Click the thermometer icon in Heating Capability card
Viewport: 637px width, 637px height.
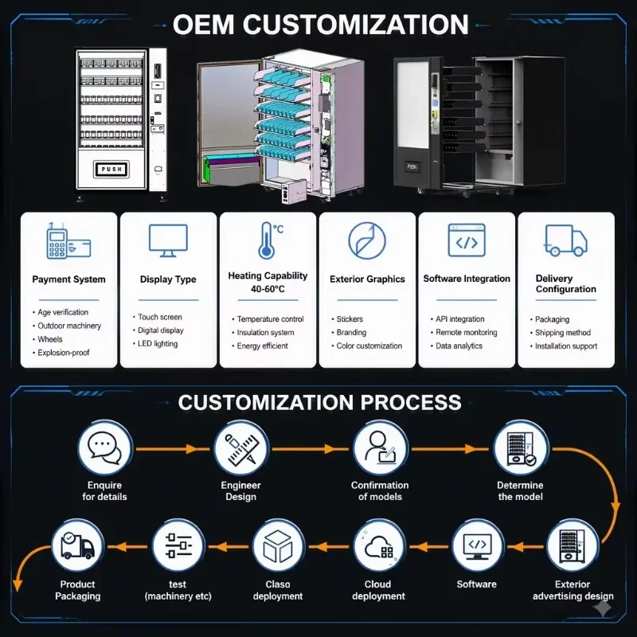(267, 240)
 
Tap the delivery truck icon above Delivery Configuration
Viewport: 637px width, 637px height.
(565, 240)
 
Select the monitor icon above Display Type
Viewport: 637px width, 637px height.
(168, 240)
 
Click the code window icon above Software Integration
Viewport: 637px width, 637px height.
(467, 240)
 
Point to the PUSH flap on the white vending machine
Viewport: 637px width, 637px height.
(111, 169)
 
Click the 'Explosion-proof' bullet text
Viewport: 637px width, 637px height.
(64, 353)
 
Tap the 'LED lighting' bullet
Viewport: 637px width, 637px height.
(158, 344)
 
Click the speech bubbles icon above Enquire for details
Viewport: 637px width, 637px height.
(105, 447)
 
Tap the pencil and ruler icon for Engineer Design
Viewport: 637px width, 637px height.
(241, 449)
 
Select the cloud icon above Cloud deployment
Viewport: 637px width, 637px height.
(379, 546)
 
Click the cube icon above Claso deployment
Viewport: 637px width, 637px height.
(278, 546)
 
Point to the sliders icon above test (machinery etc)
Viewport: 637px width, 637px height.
(178, 545)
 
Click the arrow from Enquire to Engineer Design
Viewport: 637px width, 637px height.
(173, 449)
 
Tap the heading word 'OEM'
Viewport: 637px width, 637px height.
(203, 25)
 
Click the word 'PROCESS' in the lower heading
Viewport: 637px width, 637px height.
(411, 402)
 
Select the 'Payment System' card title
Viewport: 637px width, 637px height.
(68, 279)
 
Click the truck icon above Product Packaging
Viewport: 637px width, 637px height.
(77, 545)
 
